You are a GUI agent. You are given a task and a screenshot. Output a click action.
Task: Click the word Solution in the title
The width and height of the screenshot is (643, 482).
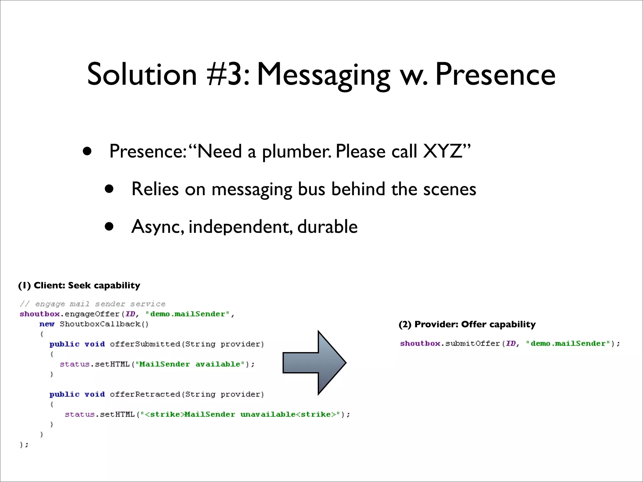point(142,74)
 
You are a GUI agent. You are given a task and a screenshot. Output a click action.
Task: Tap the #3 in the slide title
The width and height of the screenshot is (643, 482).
point(229,74)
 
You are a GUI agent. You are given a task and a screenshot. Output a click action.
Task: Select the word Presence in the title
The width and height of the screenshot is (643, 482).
point(495,74)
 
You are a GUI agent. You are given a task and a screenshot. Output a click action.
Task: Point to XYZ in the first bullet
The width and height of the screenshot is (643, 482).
point(443,151)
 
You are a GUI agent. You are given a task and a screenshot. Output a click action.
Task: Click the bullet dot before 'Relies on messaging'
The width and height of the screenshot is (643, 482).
point(109,189)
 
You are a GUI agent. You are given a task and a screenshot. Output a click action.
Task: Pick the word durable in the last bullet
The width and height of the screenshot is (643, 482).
point(327,227)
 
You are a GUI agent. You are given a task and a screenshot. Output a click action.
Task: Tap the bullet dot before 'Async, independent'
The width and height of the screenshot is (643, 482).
point(109,227)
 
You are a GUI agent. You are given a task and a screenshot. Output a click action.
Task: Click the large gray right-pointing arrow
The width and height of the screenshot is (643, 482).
point(315,362)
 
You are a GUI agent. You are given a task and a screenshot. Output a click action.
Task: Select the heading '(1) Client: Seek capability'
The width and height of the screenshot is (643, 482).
point(79,285)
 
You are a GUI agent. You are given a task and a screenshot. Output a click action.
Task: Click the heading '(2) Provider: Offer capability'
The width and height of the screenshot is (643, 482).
point(467,324)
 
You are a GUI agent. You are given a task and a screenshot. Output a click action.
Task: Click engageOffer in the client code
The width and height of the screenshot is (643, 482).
point(92,314)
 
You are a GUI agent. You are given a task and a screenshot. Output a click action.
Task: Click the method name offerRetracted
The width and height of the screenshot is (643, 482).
point(145,394)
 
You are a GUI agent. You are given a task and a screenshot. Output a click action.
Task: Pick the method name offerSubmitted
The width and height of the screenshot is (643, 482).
point(145,344)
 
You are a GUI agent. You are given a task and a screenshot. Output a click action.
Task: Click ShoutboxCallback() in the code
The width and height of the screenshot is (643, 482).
point(104,324)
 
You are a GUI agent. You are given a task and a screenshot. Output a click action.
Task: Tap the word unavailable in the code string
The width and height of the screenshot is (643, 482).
point(268,414)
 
